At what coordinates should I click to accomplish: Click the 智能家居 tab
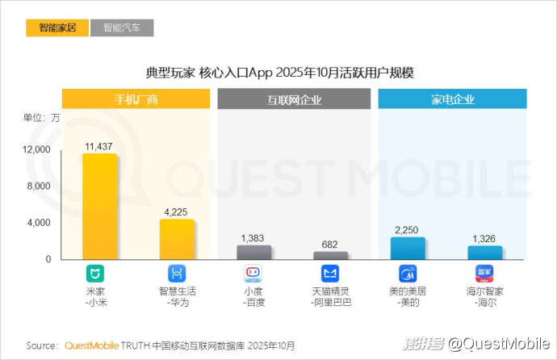pyautogui.click(x=57, y=28)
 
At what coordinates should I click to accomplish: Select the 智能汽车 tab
pyautogui.click(x=122, y=28)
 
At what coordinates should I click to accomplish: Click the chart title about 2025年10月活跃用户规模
pyautogui.click(x=279, y=73)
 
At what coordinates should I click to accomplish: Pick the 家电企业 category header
pyautogui.click(x=452, y=100)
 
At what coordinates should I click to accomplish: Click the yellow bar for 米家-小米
pyautogui.click(x=101, y=207)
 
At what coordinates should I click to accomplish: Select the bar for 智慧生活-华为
pyautogui.click(x=177, y=239)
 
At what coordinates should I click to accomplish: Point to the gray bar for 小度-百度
pyautogui.click(x=253, y=252)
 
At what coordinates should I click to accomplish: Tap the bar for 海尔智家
pyautogui.click(x=484, y=252)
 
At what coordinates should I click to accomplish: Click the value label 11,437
pyautogui.click(x=98, y=146)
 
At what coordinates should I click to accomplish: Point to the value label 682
pyautogui.click(x=330, y=245)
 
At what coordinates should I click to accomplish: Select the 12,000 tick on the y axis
pyautogui.click(x=36, y=150)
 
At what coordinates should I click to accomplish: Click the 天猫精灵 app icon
pyautogui.click(x=330, y=272)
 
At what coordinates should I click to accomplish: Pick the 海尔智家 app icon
pyautogui.click(x=484, y=272)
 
